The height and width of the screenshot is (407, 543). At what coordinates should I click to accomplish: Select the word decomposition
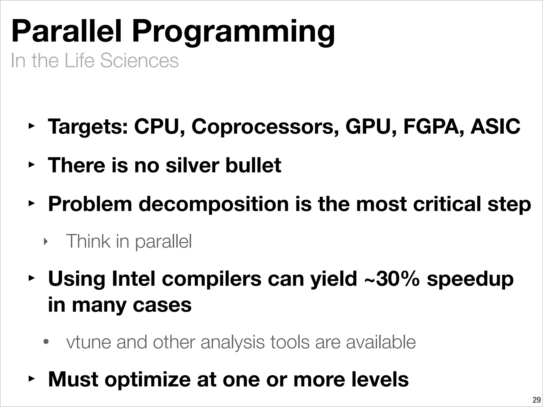point(213,204)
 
